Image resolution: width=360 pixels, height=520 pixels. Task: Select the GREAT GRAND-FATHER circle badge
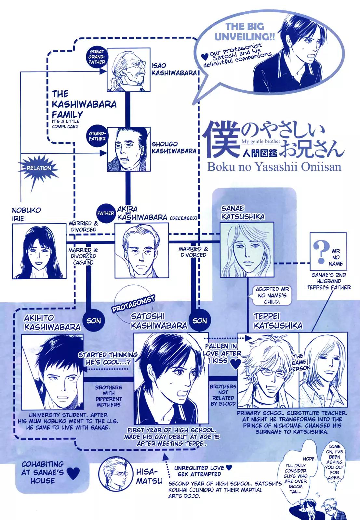[x=97, y=57]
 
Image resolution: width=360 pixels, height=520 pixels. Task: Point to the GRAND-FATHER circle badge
[x=96, y=136]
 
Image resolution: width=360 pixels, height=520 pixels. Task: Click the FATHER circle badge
[x=106, y=214]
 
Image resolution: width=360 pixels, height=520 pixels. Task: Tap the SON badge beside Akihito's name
[x=94, y=321]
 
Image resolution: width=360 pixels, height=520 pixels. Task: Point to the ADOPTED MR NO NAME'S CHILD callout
[x=272, y=295]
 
